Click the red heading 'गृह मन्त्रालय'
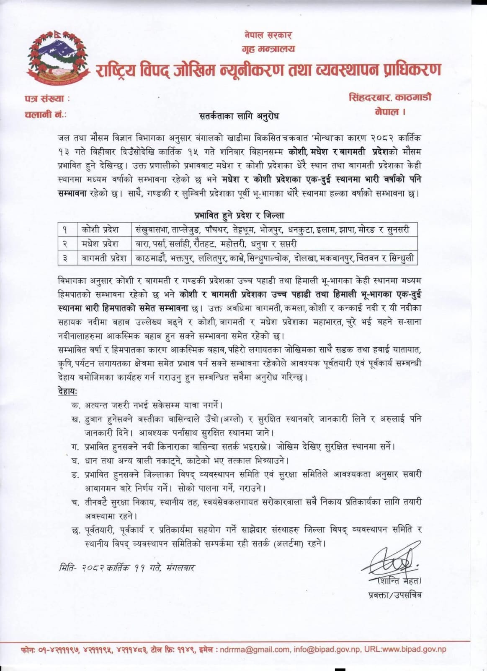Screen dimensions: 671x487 pyautogui.click(x=268, y=49)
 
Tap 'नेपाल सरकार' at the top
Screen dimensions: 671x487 pyautogui.click(x=268, y=35)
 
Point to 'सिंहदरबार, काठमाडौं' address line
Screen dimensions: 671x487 pyautogui.click(x=390, y=98)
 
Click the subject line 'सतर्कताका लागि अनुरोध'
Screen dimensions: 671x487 pyautogui.click(x=239, y=116)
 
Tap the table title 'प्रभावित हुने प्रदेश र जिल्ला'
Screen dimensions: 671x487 pyautogui.click(x=239, y=216)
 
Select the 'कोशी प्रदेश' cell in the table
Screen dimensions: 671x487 pyautogui.click(x=100, y=230)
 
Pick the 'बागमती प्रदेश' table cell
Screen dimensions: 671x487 pyautogui.click(x=104, y=258)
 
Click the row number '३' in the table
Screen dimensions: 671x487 pyautogui.click(x=65, y=258)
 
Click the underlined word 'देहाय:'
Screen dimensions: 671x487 pyautogui.click(x=67, y=391)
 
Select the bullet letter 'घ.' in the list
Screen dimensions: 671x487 pyautogui.click(x=76, y=460)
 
